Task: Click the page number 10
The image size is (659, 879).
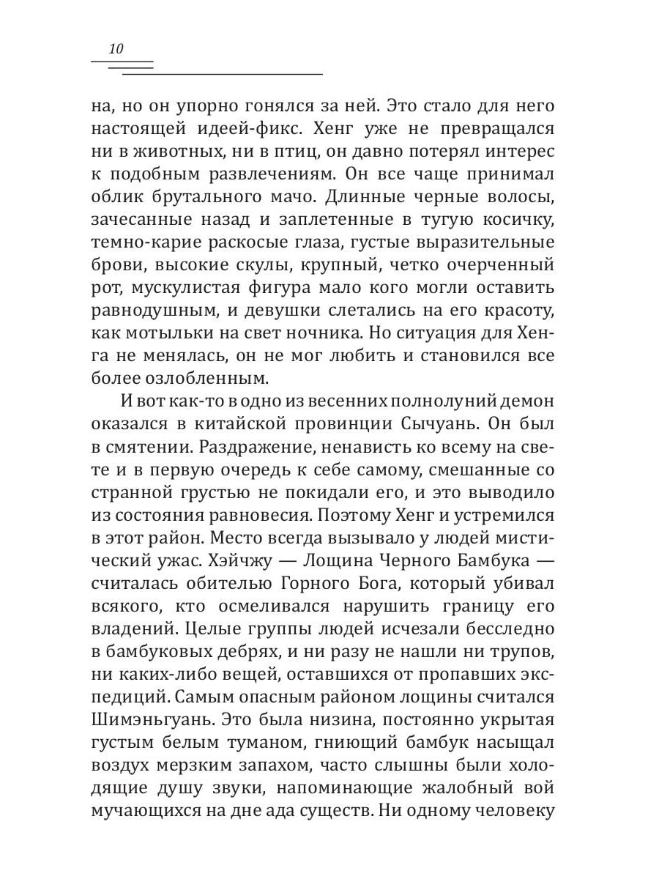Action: pyautogui.click(x=116, y=50)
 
